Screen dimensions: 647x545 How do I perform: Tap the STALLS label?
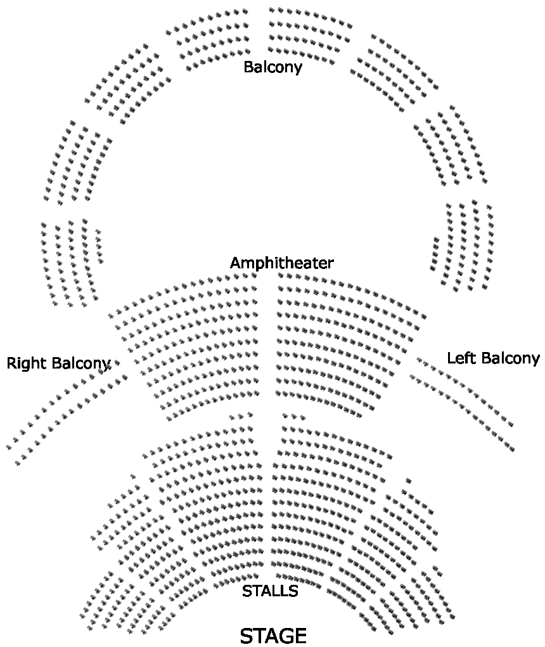[270, 591]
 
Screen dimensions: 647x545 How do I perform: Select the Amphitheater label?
[281, 263]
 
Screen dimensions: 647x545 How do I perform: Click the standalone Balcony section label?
[272, 67]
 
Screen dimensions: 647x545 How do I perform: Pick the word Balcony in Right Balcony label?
[81, 363]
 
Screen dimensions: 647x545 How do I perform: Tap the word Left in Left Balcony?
[459, 358]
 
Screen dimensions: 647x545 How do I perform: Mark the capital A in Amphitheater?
[235, 263]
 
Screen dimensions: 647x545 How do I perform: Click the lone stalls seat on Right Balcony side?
[133, 476]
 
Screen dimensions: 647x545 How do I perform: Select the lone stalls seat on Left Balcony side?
[406, 480]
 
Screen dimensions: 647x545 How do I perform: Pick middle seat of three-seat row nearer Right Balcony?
[240, 416]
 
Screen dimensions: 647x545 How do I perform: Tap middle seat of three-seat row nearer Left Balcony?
[294, 416]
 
